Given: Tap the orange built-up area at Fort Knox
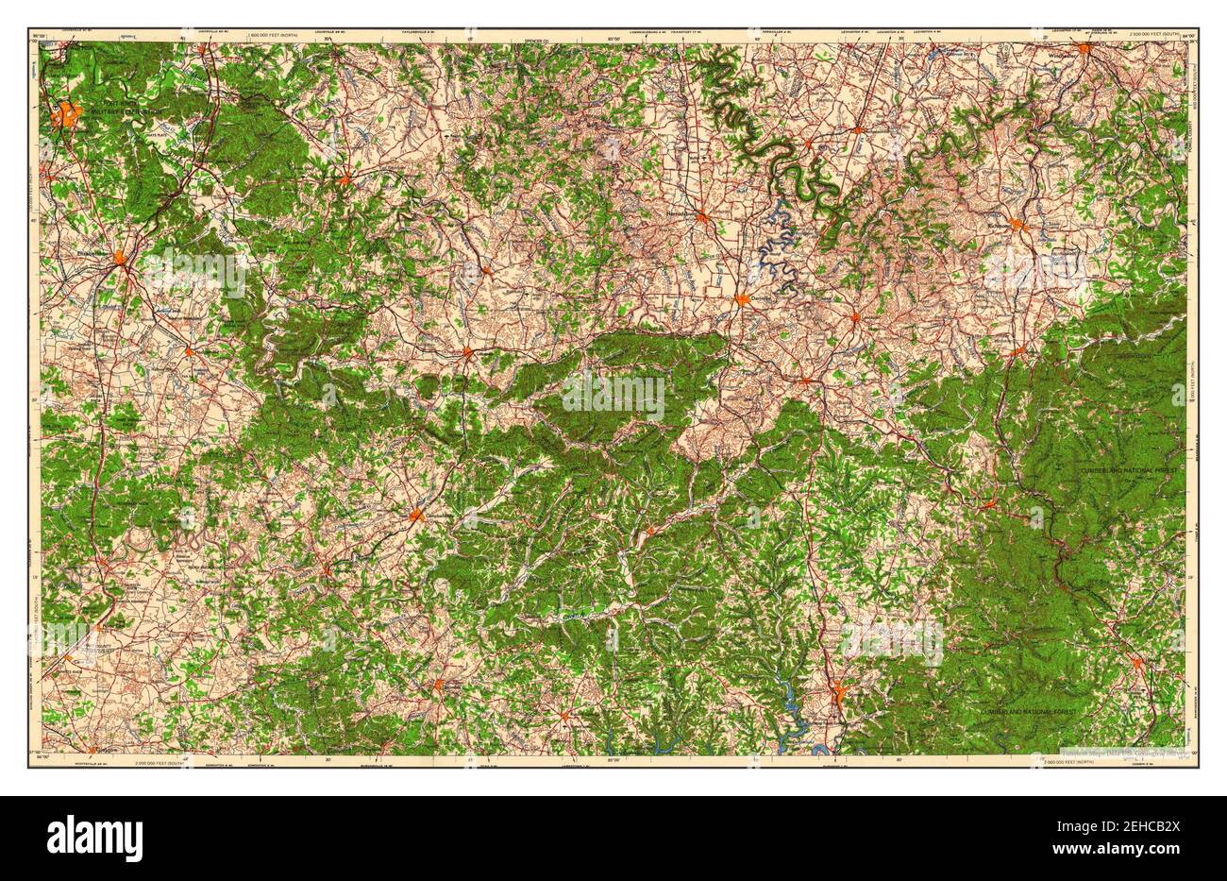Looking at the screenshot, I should (66, 116).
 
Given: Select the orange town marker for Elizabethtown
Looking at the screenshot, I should (120, 257).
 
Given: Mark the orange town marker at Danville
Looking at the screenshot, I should (743, 300).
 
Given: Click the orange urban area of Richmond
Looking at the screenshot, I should (1017, 225).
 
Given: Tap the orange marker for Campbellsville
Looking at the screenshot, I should (416, 515).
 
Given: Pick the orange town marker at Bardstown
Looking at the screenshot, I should (346, 178).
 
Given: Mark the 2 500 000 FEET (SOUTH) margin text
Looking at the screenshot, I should (1161, 35).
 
